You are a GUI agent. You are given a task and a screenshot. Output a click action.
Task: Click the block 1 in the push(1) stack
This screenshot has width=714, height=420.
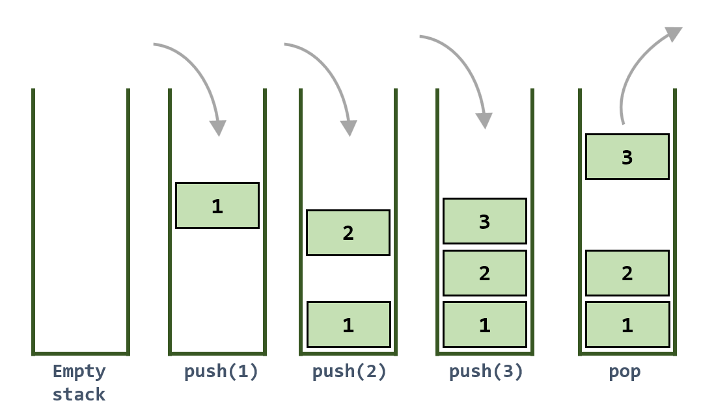[217, 205]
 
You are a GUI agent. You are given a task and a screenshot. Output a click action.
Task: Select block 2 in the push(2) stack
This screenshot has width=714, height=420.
[348, 233]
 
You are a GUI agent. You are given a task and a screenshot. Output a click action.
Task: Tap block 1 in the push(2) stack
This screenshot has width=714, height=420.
[348, 324]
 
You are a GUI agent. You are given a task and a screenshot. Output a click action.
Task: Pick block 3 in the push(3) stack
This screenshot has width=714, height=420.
[485, 221]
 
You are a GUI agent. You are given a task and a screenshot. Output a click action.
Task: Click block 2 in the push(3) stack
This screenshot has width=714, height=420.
[485, 273]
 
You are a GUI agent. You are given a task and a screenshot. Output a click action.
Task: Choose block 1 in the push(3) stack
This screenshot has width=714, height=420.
[485, 324]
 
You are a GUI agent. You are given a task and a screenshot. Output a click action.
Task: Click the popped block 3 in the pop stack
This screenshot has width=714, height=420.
[627, 157]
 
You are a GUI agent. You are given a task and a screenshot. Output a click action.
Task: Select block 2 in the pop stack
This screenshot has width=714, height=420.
[627, 273]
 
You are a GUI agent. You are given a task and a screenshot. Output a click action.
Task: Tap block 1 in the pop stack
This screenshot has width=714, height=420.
[627, 324]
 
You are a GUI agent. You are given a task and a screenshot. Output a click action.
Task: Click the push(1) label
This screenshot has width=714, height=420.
[221, 373]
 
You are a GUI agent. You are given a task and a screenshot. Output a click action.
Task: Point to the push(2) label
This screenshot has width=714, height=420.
[350, 373]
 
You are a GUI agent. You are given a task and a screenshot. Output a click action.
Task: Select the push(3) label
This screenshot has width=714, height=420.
[486, 373]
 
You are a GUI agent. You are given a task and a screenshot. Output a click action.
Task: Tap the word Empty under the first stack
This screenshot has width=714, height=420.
[79, 373]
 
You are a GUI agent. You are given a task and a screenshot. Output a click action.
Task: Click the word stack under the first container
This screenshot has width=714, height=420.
[79, 395]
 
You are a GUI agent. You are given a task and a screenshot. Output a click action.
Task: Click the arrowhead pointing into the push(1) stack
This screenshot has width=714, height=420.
[219, 128]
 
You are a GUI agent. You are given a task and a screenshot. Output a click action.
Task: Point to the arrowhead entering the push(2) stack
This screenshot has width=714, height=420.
[350, 128]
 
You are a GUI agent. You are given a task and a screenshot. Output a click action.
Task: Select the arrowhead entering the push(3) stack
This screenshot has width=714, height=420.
[484, 121]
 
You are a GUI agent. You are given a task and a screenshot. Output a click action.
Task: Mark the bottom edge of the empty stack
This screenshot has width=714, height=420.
[80, 353]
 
